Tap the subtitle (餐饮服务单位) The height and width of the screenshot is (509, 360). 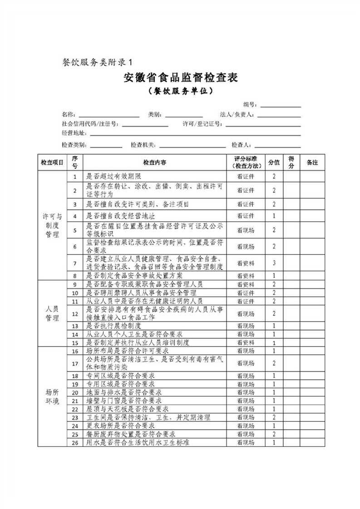coord(181,92)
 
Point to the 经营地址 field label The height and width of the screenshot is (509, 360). coord(73,133)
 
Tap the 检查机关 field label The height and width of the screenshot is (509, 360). coord(143,145)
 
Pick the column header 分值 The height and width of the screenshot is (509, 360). coord(274,162)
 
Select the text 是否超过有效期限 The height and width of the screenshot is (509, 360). coord(114,176)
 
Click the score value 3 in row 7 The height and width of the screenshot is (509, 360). coord(274,263)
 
